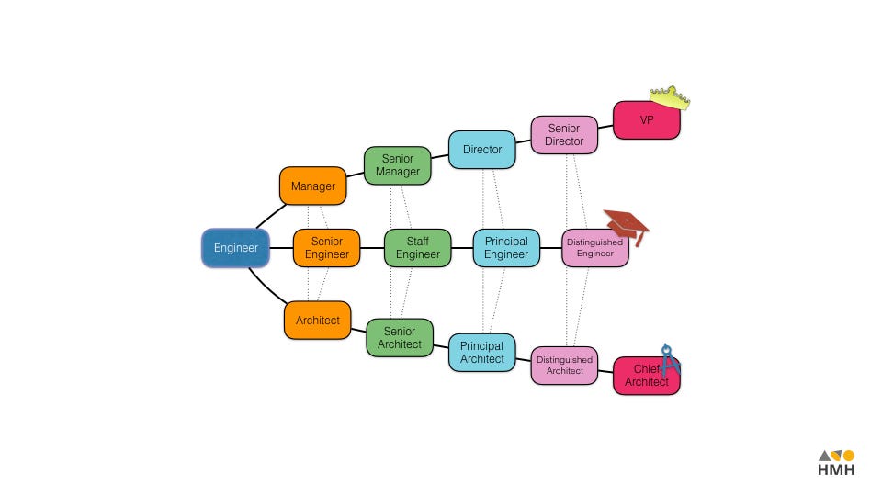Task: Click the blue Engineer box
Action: [x=235, y=248]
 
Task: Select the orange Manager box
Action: [x=313, y=186]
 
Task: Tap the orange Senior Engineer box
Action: [x=326, y=248]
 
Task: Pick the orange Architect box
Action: [x=317, y=321]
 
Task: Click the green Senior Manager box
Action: [x=397, y=165]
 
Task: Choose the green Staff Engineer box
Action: [x=417, y=248]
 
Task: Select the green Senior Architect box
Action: [x=400, y=338]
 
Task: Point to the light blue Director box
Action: [x=482, y=150]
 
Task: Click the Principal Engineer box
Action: [x=506, y=248]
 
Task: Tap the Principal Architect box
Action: [x=482, y=353]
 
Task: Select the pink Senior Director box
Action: [x=564, y=135]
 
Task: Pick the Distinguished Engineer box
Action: [x=594, y=248]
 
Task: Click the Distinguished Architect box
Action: [x=564, y=366]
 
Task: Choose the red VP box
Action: [x=646, y=120]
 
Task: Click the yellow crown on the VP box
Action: [x=670, y=97]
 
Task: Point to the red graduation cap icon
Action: [x=626, y=224]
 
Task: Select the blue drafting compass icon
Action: [x=670, y=359]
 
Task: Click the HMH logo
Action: [x=836, y=463]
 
